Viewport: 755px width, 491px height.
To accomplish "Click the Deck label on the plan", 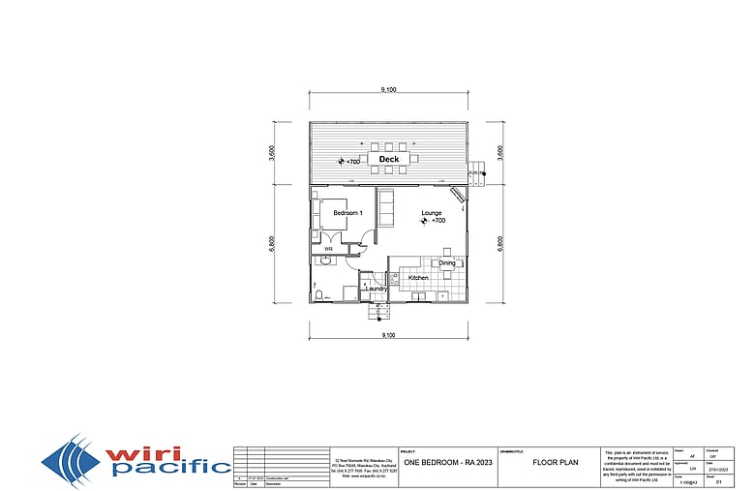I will coord(389,159).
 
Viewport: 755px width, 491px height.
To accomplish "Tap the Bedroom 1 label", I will coord(347,212).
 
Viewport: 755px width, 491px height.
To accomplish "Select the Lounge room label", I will coord(432,212).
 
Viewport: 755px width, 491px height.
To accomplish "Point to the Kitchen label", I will coord(418,278).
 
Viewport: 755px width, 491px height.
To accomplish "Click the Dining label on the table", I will coord(446,263).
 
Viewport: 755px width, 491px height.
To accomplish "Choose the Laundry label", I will coord(376,288).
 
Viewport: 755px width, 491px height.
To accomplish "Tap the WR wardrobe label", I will coord(328,249).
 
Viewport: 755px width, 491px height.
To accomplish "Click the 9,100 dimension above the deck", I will coord(388,90).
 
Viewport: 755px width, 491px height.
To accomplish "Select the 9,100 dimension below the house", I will coord(388,334).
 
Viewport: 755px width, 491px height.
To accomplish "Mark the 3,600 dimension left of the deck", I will coord(274,152).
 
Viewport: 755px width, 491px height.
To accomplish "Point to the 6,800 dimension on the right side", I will coord(499,242).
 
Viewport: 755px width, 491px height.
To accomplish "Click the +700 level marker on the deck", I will coord(348,162).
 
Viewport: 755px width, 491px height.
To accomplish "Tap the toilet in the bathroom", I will coord(318,293).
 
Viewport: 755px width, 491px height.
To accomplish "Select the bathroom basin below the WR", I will coord(320,261).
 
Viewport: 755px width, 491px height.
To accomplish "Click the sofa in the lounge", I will coord(384,205).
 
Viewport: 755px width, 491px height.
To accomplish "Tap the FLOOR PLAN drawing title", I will coord(556,462).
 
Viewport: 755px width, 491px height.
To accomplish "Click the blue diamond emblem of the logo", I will coord(72,461).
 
